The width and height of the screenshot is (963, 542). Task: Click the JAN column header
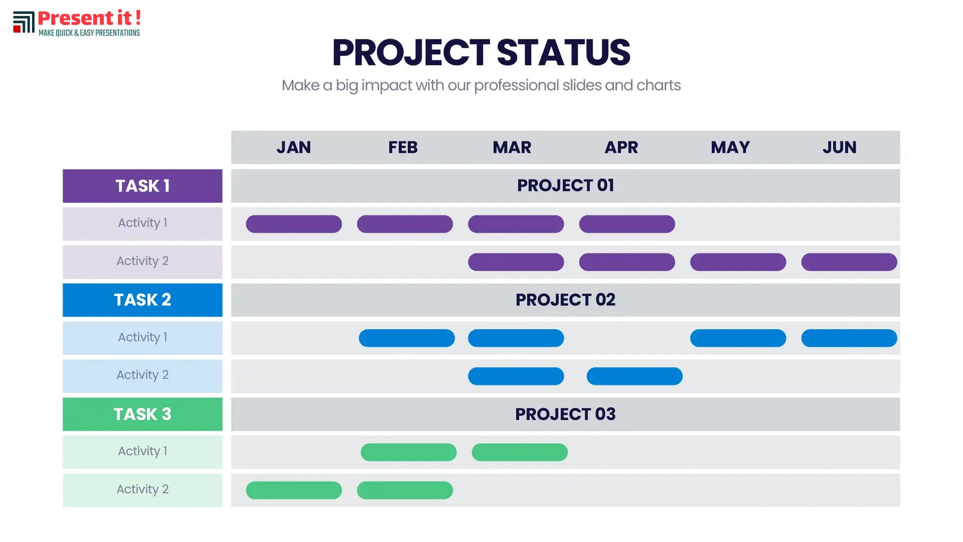pos(294,147)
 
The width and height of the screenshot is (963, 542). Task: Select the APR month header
pos(621,147)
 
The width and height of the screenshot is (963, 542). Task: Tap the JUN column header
pos(840,147)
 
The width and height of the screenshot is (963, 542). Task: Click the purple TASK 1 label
pos(143,186)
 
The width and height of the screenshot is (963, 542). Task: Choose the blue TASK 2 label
pos(143,300)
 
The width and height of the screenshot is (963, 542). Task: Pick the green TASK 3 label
pos(143,414)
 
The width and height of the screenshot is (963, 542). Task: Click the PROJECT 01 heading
pos(565,185)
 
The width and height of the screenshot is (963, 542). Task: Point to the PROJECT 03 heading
pos(565,414)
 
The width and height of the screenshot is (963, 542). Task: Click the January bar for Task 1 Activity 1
pos(294,224)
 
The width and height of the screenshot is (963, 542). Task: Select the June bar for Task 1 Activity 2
pos(849,262)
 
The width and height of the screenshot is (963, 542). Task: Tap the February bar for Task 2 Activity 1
pos(407,338)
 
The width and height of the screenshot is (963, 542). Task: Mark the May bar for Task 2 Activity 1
pos(738,338)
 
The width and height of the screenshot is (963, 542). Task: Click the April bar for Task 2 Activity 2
pos(634,377)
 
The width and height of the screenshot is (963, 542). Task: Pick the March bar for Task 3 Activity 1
pos(520,453)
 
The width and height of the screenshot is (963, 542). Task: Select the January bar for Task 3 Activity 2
pos(294,491)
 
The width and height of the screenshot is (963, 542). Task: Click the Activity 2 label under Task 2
pos(143,375)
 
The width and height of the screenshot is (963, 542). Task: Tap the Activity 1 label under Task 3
pos(143,451)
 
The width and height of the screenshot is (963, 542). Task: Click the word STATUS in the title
pos(563,53)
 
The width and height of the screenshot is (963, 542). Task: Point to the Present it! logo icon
pos(23,22)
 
